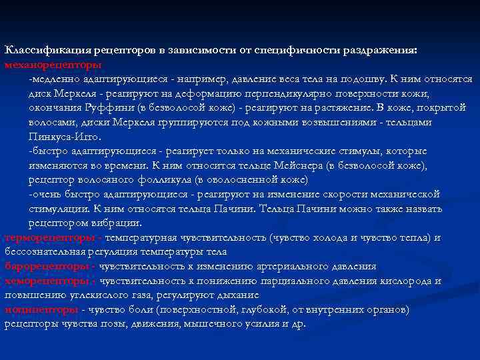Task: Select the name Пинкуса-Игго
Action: pos(65,137)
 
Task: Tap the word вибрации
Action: pos(117,223)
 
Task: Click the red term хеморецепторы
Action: pos(50,281)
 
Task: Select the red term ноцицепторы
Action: pos(41,309)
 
